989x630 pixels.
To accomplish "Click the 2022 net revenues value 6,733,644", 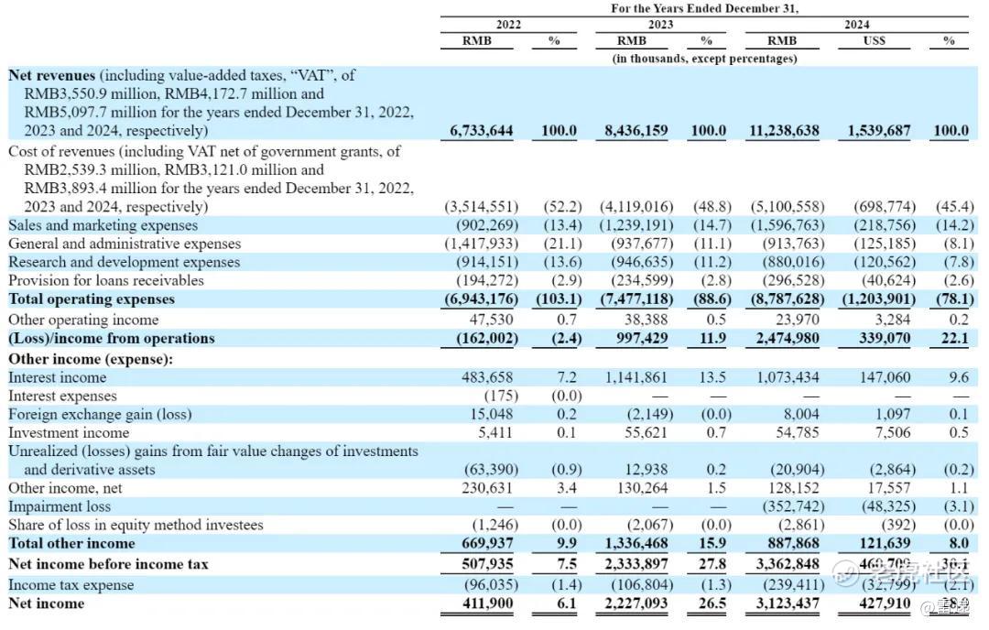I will (x=482, y=131).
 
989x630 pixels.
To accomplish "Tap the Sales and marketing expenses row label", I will (x=103, y=225).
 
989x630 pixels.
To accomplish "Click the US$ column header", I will (x=874, y=40).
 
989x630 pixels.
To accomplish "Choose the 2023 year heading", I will (x=659, y=25).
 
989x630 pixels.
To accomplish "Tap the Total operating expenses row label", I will (x=91, y=299).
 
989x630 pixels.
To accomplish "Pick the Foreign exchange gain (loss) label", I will (x=100, y=414).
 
